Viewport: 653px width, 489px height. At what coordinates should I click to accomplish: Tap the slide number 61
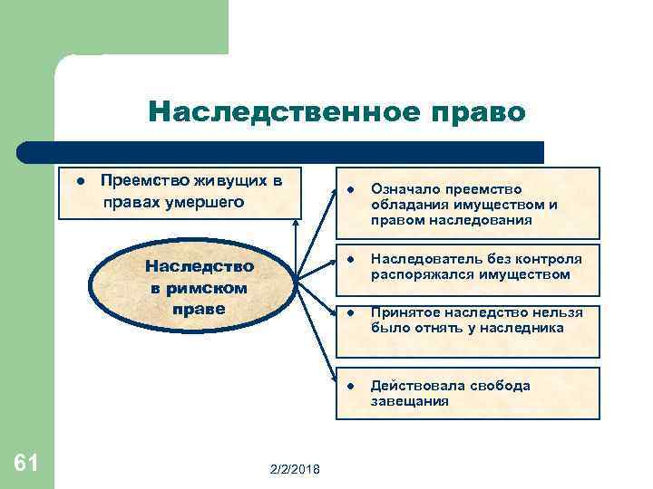point(26,464)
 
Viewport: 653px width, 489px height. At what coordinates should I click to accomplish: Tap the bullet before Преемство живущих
point(81,180)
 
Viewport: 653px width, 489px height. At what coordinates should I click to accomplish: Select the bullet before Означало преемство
point(349,190)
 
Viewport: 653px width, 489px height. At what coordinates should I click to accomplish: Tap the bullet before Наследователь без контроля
point(349,259)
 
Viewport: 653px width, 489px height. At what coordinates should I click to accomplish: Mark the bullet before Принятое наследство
point(349,312)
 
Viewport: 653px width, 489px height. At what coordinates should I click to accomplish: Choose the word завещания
point(409,400)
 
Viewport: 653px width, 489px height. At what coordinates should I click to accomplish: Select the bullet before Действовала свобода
point(349,386)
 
